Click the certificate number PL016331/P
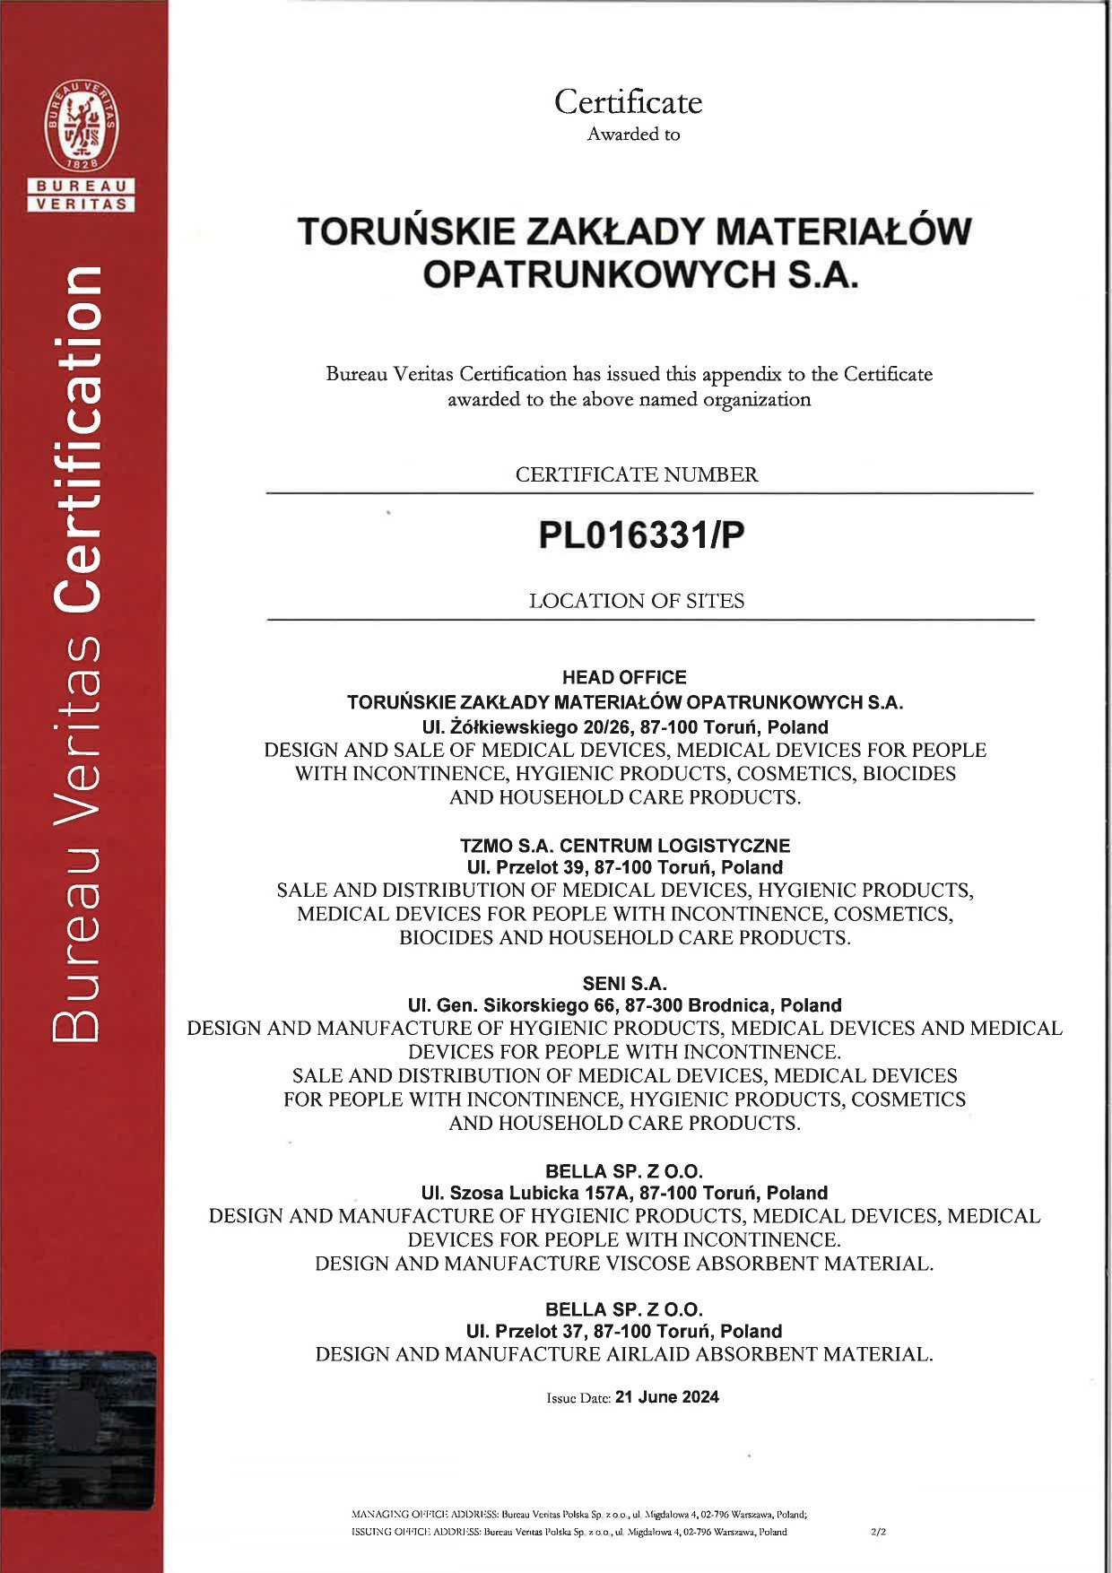point(640,535)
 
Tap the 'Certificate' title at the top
point(628,102)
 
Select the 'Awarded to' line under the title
point(633,135)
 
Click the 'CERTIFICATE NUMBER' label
point(637,474)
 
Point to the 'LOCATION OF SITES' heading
point(637,601)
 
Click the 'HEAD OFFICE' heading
point(624,677)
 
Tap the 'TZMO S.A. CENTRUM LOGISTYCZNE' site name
point(625,846)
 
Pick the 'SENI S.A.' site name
point(624,983)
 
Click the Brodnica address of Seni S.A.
point(624,1005)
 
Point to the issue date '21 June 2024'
point(667,1397)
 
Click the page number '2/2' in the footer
point(878,1532)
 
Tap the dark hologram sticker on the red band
point(78,1430)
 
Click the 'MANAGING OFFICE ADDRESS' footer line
point(578,1515)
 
